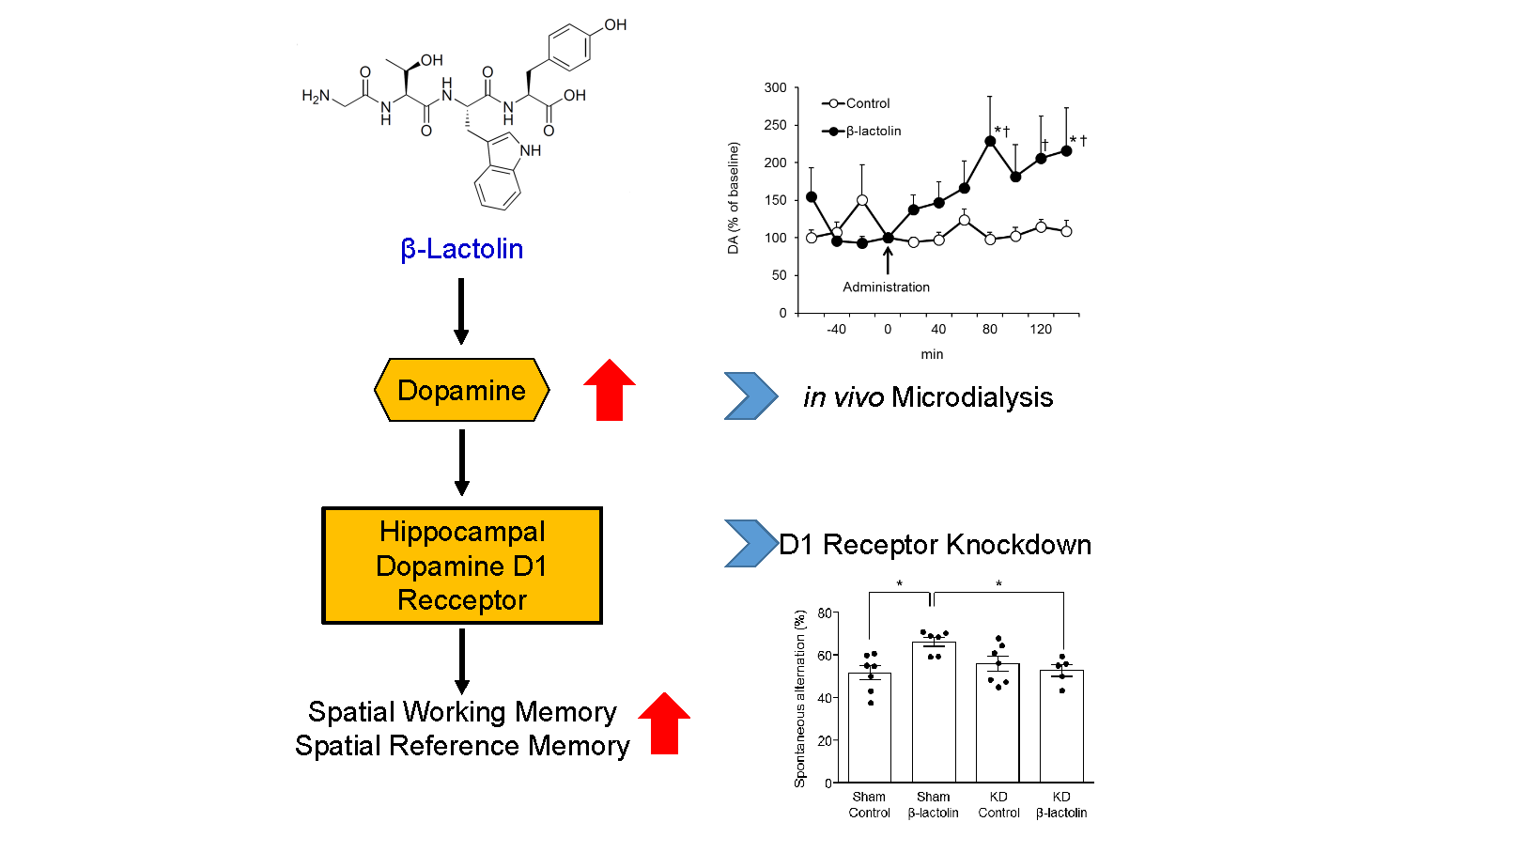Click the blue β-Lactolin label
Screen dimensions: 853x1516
click(461, 249)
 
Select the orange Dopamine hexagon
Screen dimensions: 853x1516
click(461, 390)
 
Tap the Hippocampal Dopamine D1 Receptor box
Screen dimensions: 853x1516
click(462, 566)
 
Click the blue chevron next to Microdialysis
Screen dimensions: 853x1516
click(750, 395)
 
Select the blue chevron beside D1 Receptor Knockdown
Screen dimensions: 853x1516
click(750, 543)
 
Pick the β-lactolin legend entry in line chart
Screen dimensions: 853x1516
click(861, 131)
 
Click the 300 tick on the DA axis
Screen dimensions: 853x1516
click(775, 87)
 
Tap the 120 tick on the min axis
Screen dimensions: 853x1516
click(1041, 329)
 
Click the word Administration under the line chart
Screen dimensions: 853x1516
click(886, 287)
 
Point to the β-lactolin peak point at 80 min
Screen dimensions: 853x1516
click(990, 141)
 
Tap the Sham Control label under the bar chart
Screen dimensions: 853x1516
click(869, 805)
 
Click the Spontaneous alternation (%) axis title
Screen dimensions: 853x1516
click(800, 698)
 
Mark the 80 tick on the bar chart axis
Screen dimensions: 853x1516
click(824, 613)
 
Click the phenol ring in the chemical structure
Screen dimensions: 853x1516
click(569, 46)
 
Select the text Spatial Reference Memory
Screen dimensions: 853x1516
click(462, 746)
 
